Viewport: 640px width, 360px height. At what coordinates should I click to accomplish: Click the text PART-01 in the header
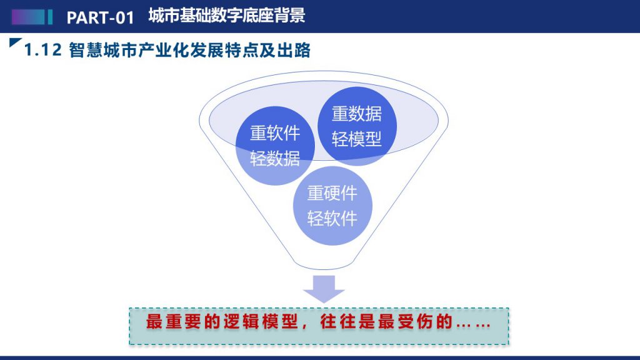(x=101, y=17)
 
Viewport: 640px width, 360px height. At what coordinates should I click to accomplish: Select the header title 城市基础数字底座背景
(x=226, y=16)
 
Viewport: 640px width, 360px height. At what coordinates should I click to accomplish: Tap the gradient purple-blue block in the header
(x=28, y=17)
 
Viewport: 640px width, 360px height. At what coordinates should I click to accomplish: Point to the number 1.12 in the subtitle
(x=43, y=50)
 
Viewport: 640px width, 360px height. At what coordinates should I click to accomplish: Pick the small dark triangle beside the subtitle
(x=15, y=42)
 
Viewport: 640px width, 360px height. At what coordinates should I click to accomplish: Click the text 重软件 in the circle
(x=275, y=133)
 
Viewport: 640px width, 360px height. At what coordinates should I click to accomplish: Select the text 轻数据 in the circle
(x=275, y=158)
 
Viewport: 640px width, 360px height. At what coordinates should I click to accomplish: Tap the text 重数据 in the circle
(x=357, y=114)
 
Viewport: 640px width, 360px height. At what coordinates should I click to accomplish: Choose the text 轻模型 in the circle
(x=357, y=139)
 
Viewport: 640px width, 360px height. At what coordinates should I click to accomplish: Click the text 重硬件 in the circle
(x=332, y=193)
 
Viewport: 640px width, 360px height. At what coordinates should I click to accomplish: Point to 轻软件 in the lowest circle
(x=332, y=218)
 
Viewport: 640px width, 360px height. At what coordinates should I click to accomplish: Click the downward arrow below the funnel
(x=324, y=289)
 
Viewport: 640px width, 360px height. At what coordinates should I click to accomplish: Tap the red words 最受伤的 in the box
(x=416, y=322)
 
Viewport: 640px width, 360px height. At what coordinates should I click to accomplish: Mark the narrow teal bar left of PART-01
(x=50, y=17)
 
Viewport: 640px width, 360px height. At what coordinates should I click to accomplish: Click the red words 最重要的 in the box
(x=183, y=322)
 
